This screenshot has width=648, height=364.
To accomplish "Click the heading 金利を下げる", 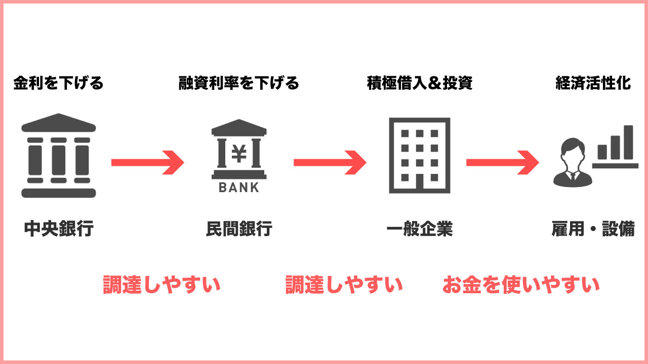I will click(58, 83).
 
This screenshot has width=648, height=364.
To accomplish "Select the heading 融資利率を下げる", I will click(238, 83).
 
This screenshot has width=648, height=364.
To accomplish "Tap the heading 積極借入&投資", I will click(419, 83).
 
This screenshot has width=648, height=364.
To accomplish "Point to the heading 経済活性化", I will click(593, 83).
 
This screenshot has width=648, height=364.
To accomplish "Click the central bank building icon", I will click(59, 157).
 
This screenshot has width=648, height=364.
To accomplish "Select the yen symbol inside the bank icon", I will click(238, 153).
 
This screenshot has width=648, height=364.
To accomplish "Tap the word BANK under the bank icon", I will click(238, 188).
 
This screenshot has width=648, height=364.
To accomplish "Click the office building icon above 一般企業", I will click(419, 155).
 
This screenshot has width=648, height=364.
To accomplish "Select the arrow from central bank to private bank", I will click(147, 162).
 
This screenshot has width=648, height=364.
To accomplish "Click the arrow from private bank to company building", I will click(330, 162).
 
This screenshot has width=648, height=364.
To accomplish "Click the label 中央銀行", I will click(59, 229).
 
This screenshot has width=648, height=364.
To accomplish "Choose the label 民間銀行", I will click(239, 229).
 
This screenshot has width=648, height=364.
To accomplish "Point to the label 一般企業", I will click(419, 229).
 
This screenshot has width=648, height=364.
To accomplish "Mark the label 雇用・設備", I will click(593, 229).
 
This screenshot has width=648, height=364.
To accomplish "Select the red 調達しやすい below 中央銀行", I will click(161, 285).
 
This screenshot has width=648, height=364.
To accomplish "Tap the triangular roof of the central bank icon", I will click(59, 123).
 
